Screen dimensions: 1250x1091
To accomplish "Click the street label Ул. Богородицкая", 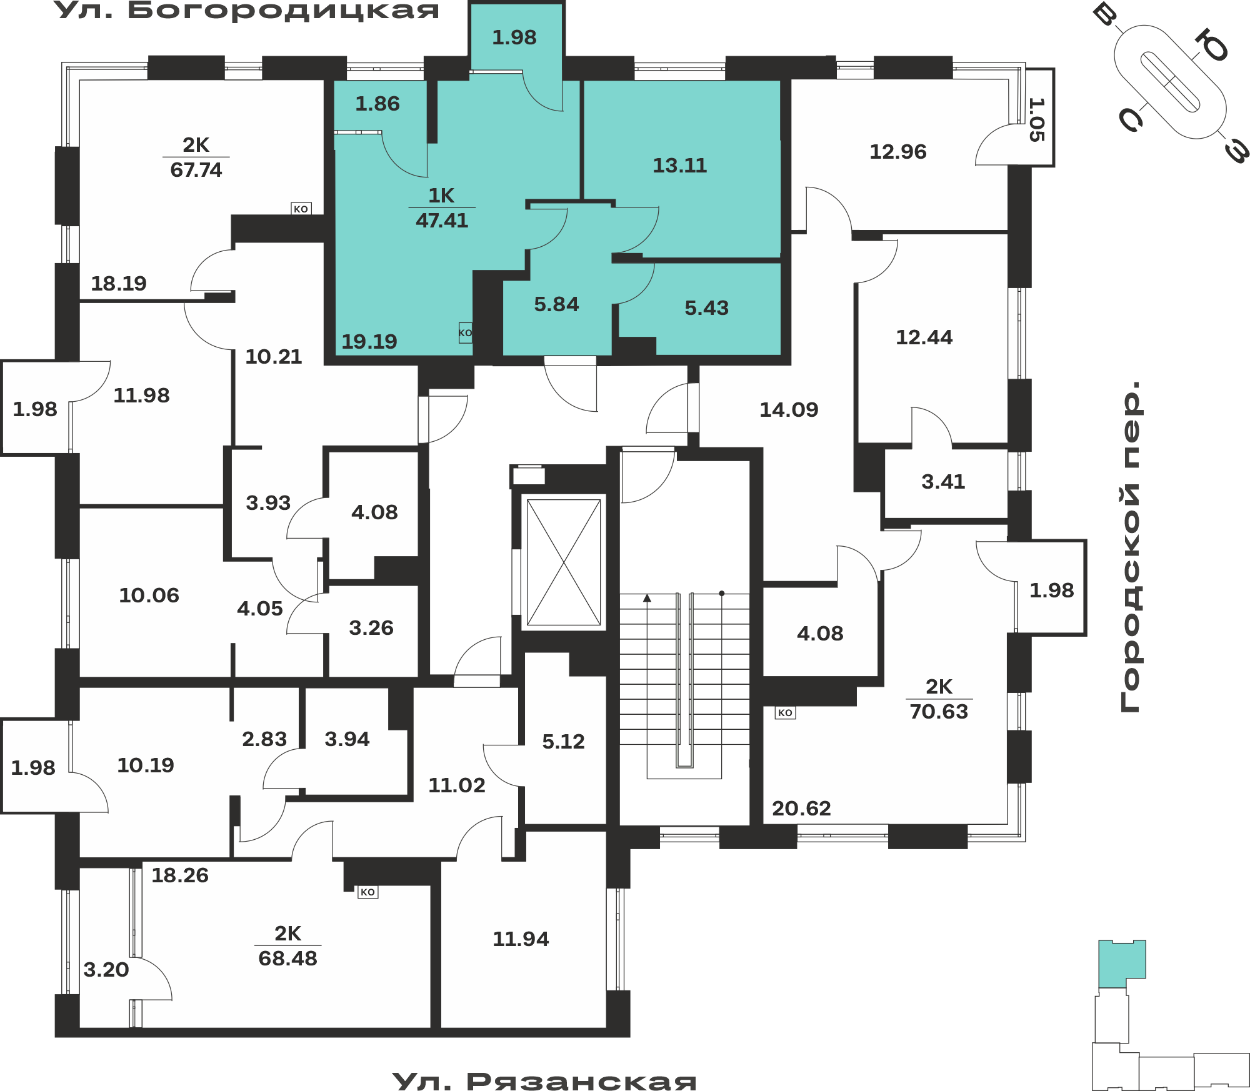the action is (246, 11).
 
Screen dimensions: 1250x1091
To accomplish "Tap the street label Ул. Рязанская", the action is (544, 1080).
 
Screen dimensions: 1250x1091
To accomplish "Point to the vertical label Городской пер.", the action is (1131, 547).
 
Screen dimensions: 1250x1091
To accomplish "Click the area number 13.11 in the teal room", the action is (680, 166).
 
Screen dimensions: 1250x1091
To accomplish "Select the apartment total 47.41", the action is (442, 221).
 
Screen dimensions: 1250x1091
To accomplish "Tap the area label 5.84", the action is (556, 304).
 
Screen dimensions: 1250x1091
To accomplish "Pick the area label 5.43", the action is (707, 308).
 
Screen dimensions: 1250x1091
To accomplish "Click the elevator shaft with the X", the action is (564, 562).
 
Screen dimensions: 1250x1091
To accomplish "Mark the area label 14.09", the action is (789, 410).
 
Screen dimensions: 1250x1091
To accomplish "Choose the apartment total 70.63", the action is (939, 712).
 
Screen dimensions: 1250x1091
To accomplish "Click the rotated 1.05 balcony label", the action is (1037, 119).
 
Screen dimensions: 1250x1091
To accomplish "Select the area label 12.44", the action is (924, 337).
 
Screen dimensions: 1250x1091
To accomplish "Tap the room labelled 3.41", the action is (943, 482).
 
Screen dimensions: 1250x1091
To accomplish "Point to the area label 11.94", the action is (521, 939).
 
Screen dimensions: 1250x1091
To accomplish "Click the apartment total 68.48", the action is (288, 959).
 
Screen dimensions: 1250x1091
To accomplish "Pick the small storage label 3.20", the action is (106, 970).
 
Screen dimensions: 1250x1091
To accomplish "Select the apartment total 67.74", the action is (196, 170).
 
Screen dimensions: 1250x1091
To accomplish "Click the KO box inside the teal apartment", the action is (466, 332).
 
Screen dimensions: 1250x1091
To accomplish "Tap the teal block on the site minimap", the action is (1122, 964).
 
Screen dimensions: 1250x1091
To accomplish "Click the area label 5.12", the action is (563, 742).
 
